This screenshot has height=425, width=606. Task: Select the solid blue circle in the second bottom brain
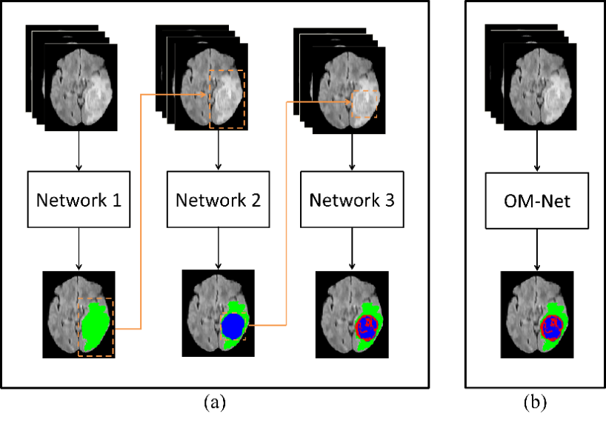[233, 326]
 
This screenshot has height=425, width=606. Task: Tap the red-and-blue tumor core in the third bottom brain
[366, 327]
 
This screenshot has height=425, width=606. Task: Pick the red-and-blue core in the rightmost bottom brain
[551, 327]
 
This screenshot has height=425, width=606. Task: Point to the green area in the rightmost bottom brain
[559, 311]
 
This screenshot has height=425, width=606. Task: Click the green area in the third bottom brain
[373, 310]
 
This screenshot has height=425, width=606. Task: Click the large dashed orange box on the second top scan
[227, 71]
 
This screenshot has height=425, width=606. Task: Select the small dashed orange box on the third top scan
[364, 91]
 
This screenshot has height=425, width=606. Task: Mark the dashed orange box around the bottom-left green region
[96, 299]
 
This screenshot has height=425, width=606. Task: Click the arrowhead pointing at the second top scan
[204, 95]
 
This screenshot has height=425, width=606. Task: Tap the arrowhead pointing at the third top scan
[348, 102]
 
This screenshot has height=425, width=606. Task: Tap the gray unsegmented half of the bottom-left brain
[64, 315]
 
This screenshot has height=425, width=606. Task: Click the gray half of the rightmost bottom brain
[523, 315]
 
